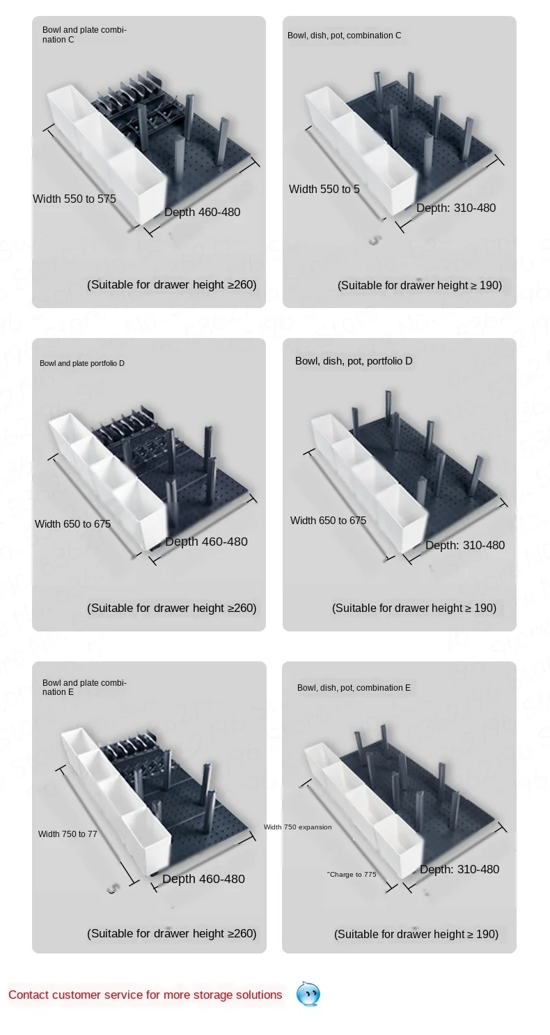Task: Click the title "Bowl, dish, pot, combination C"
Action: (x=344, y=36)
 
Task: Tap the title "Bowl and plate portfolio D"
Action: (x=82, y=364)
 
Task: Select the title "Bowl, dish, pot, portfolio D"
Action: (x=354, y=361)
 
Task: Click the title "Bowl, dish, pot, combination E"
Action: (x=354, y=688)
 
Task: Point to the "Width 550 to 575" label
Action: (x=74, y=199)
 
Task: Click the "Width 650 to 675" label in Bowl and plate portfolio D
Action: (x=73, y=524)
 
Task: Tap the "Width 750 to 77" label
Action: (x=68, y=834)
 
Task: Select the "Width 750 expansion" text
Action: (x=297, y=827)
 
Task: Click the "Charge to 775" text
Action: (x=352, y=875)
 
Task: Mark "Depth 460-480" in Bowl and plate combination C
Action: (x=202, y=212)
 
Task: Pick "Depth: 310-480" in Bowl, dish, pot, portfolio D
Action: (x=465, y=545)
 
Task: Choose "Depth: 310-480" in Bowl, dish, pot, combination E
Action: (x=459, y=869)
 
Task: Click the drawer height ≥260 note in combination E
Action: (x=172, y=933)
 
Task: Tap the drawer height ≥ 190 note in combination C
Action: (x=420, y=285)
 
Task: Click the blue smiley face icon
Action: (x=308, y=994)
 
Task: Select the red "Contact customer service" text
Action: (x=146, y=995)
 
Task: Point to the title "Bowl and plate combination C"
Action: (x=84, y=35)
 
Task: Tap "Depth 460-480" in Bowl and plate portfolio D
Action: (x=206, y=542)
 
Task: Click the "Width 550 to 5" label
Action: (x=324, y=189)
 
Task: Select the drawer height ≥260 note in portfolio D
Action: (x=172, y=608)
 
